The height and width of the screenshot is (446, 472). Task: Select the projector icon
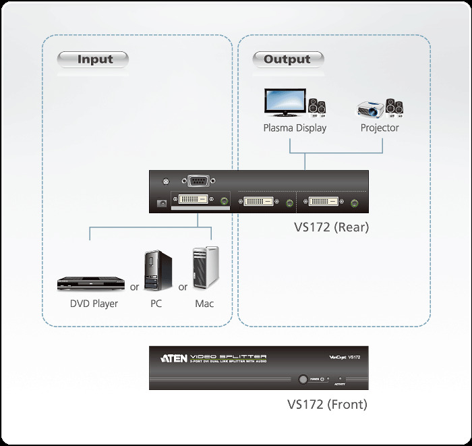372,107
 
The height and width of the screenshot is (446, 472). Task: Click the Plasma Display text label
295,128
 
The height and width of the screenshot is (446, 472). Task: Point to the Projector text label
380,128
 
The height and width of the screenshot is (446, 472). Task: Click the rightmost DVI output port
327,201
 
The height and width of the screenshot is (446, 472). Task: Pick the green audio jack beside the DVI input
224,201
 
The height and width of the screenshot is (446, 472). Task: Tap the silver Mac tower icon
204,270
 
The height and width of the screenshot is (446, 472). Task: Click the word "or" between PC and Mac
183,287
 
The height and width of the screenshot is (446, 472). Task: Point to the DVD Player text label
94,304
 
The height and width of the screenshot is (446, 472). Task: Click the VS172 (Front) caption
327,405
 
